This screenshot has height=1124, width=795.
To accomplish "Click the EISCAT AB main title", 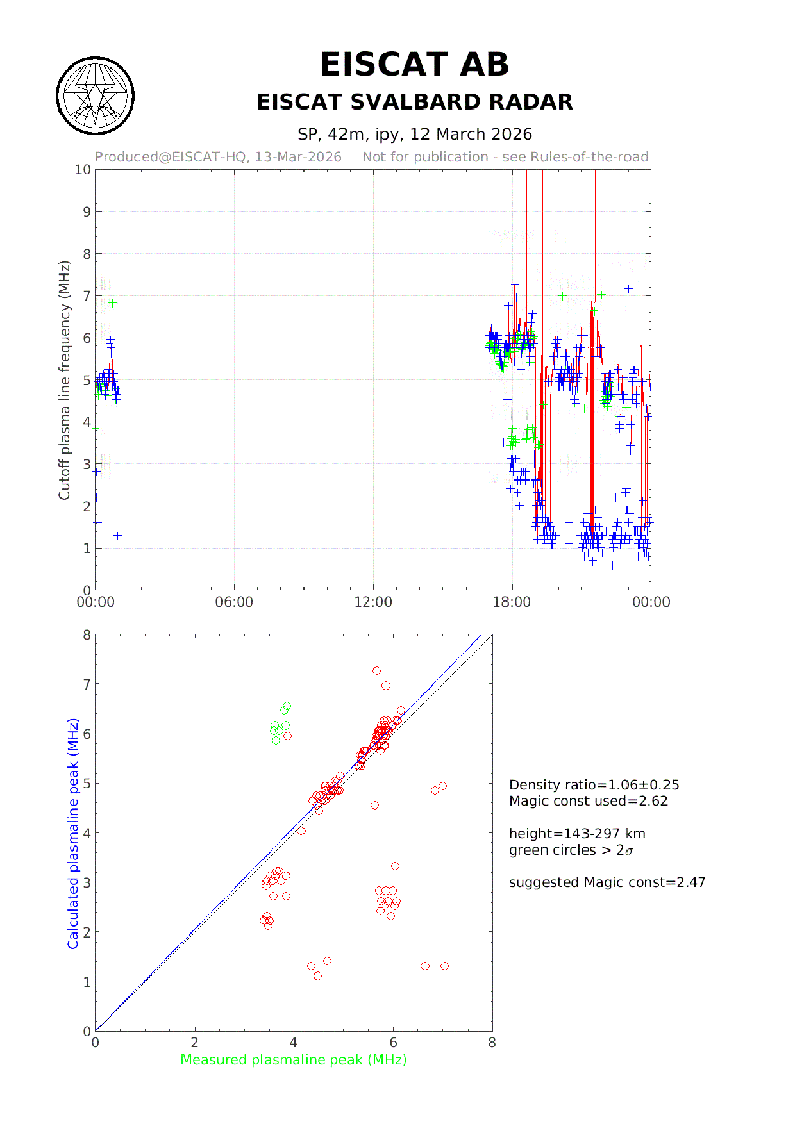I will point(414,65).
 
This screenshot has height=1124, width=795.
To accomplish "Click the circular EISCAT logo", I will point(96,96).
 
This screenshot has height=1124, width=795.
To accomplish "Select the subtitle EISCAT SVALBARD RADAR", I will point(414,103).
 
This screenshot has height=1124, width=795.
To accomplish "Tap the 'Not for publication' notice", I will point(505,157).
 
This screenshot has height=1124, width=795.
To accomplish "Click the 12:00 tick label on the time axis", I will point(373,602).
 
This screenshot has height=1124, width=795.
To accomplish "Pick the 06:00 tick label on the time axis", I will point(234,602).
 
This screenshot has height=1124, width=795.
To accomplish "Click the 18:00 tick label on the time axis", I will point(512,602).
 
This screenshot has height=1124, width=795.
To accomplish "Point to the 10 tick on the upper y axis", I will point(83,170).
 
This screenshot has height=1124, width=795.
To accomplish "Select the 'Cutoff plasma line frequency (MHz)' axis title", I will point(64,380).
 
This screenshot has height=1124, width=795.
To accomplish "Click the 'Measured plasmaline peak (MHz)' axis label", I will point(294,1060).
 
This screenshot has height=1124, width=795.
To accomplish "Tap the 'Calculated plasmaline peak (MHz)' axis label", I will point(73,833).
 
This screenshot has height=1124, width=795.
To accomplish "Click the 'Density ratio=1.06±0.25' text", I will point(594,785).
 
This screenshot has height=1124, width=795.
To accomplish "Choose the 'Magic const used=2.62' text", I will point(588,801).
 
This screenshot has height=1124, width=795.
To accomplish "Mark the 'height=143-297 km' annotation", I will point(577,834).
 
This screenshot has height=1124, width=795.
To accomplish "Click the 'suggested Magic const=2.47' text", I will point(607,882).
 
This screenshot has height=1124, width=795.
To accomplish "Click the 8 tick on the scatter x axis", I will point(492,1043).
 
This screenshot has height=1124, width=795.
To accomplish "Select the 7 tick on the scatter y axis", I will point(87,684).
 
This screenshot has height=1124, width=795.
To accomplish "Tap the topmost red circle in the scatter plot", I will point(376,671).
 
